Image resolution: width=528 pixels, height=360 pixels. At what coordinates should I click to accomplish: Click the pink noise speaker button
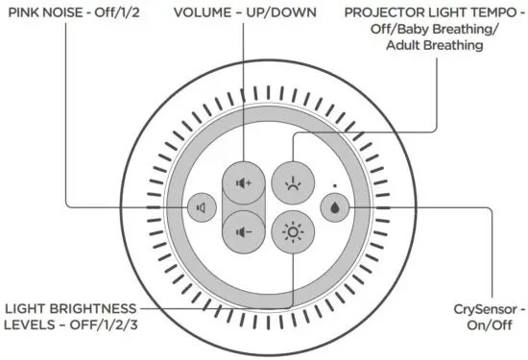coord(201,206)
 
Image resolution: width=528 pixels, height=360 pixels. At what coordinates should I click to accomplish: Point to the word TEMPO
coord(492,12)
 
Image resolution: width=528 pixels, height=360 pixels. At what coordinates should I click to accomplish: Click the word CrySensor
coord(484,310)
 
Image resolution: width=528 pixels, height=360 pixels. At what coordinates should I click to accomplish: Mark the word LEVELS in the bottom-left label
coord(27,326)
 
